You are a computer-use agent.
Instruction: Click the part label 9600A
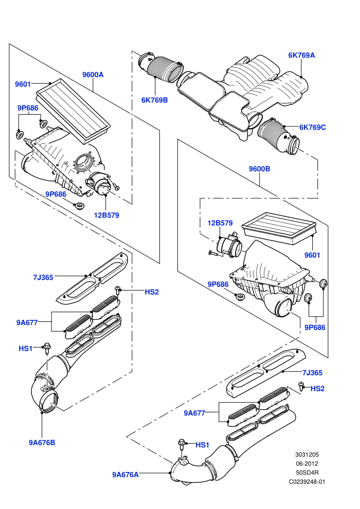93,75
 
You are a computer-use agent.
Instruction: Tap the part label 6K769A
301,55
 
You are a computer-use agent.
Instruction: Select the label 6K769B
154,100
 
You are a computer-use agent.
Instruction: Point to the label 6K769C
312,128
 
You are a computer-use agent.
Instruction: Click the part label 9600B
259,169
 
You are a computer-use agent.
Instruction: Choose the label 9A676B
42,443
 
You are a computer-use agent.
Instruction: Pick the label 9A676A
125,475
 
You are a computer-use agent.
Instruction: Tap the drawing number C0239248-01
307,482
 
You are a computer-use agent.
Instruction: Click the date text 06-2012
307,464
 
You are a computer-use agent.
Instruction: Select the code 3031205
307,455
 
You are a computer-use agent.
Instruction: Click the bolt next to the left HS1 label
47,349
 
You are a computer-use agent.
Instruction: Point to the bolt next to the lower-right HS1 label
182,444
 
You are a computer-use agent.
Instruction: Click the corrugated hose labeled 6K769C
278,136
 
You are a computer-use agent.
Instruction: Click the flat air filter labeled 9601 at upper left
73,110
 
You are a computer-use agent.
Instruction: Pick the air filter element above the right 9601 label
279,228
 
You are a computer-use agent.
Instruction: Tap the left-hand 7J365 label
43,278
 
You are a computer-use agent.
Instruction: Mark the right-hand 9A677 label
194,413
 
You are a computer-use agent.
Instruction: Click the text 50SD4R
307,472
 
